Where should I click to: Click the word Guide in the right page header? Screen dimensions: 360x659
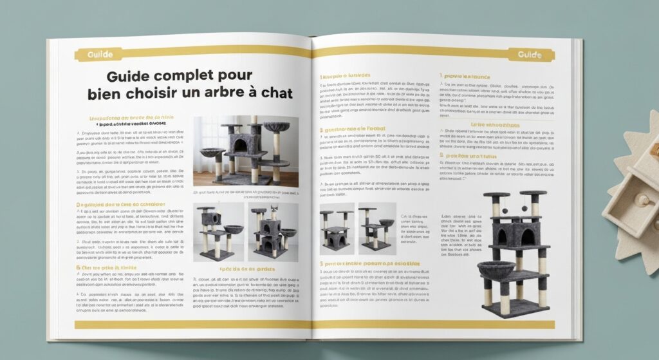[x=530, y=55]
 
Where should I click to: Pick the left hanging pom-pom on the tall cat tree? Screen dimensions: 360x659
[x=505, y=210]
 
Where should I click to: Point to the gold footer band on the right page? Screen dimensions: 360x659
[x=438, y=325]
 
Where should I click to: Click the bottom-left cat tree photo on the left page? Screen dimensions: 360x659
[x=218, y=232]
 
